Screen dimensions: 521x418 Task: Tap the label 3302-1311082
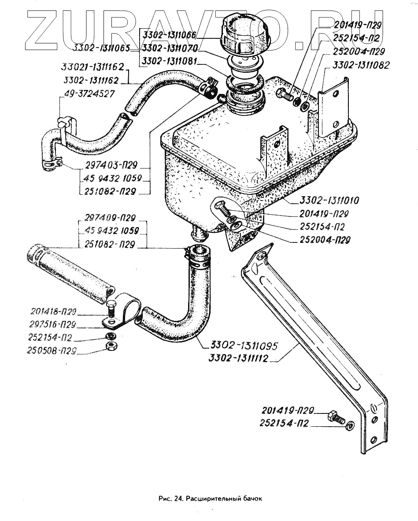pyautogui.click(x=361, y=65)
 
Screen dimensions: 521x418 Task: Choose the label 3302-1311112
pyautogui.click(x=238, y=359)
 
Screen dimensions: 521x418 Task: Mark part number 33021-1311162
pyautogui.click(x=93, y=68)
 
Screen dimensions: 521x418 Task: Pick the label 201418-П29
pyautogui.click(x=52, y=312)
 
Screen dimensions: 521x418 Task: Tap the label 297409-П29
pyautogui.click(x=111, y=217)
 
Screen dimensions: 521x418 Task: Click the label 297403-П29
pyautogui.click(x=111, y=165)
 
